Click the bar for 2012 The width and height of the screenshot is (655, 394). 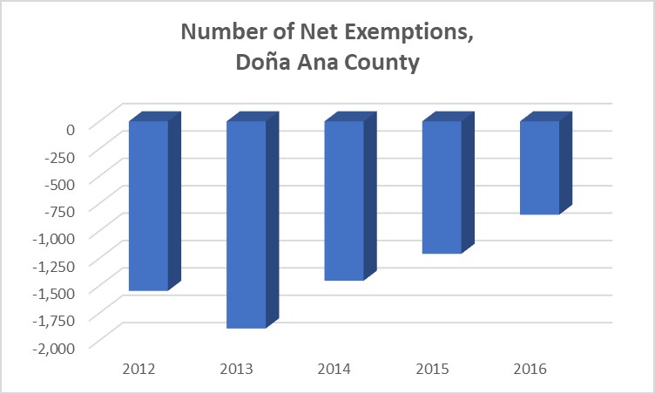click(x=148, y=205)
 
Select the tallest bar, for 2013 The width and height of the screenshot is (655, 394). click(x=246, y=224)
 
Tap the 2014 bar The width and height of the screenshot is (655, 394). click(x=344, y=200)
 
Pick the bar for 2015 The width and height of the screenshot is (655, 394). click(x=442, y=187)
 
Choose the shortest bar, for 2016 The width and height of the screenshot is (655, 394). click(x=539, y=167)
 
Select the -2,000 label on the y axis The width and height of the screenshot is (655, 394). click(x=56, y=346)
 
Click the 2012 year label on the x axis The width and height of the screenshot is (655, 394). click(x=138, y=369)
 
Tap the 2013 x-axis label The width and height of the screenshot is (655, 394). click(x=236, y=369)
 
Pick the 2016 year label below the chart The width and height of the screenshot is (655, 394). click(x=529, y=369)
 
